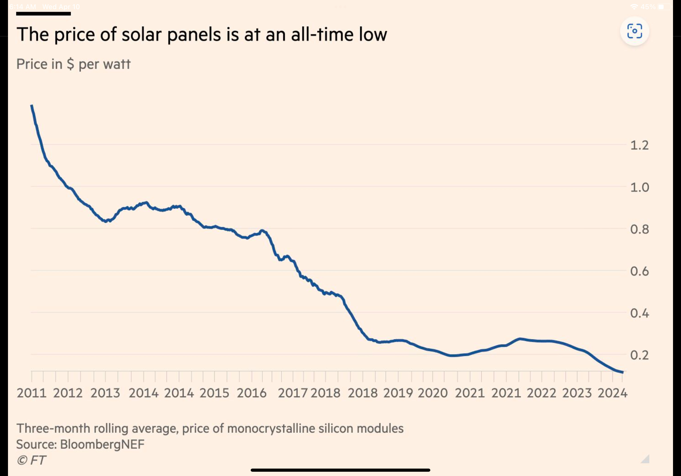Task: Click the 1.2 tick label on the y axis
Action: point(639,146)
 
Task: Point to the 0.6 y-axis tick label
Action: point(639,271)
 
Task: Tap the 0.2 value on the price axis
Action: point(639,355)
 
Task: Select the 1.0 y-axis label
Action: point(639,187)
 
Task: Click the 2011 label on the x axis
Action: point(31,393)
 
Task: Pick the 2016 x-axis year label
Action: point(252,393)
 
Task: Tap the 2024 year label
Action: point(612,393)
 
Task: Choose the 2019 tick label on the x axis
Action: point(398,393)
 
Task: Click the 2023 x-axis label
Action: point(577,393)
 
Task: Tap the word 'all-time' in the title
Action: point(323,35)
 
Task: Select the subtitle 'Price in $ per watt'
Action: point(73,64)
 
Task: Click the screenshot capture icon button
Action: point(635,31)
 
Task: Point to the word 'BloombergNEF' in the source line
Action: point(102,444)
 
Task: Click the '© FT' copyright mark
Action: point(31,460)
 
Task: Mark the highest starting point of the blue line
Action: point(32,106)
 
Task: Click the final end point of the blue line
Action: point(623,372)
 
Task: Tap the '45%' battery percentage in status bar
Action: point(648,7)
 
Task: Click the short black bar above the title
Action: point(43,14)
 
